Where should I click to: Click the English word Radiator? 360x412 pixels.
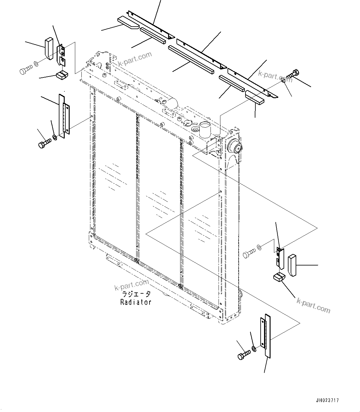[136, 302]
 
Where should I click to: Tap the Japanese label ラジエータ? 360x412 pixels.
[136, 294]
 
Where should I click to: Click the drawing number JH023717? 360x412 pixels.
[327, 400]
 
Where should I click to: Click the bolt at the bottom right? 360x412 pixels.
[244, 355]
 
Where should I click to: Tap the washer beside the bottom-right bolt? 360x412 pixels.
[254, 349]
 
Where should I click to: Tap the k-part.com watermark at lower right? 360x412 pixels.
[313, 305]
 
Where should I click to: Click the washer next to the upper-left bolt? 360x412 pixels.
[36, 64]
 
